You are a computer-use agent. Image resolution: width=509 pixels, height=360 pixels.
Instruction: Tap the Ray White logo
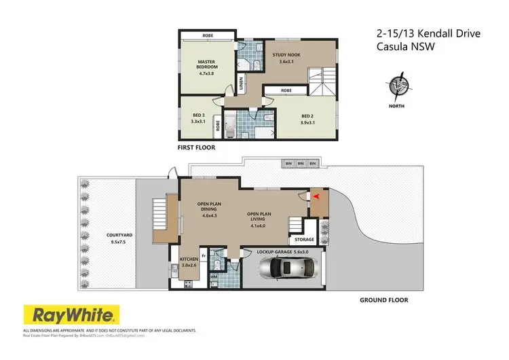click(72, 314)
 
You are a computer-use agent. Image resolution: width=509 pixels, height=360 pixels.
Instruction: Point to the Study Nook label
click(284, 56)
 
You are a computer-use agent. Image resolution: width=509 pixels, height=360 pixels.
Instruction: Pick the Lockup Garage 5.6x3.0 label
click(283, 251)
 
